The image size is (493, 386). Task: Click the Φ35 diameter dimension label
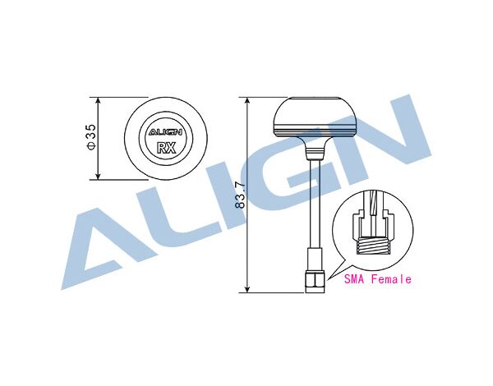click(x=91, y=136)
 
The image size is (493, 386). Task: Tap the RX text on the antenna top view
click(x=166, y=148)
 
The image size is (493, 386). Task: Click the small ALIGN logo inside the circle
click(x=165, y=132)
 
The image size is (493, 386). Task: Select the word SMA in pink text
click(x=354, y=278)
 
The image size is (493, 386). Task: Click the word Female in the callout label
click(x=391, y=278)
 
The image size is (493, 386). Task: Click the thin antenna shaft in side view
click(x=316, y=204)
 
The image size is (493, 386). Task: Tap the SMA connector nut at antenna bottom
click(x=315, y=282)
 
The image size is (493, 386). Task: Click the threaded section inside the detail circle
click(x=373, y=246)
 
